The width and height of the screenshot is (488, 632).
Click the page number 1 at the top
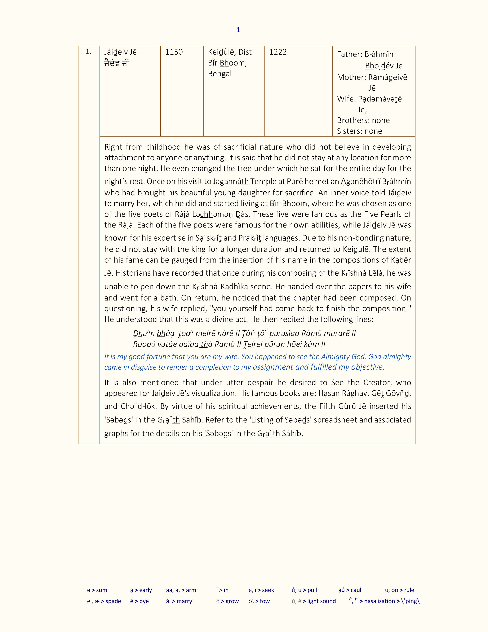click(x=238, y=30)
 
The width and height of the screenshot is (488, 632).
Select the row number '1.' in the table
click(x=88, y=52)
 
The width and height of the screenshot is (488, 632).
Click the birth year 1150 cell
click(x=174, y=52)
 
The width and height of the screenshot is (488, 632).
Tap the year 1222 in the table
click(x=278, y=52)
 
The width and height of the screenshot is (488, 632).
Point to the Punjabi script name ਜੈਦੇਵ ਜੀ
click(x=117, y=63)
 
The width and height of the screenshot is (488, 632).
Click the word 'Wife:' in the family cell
click(x=346, y=99)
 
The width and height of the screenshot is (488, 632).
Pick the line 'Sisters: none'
click(x=359, y=131)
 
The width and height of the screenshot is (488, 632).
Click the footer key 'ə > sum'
click(x=97, y=590)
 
